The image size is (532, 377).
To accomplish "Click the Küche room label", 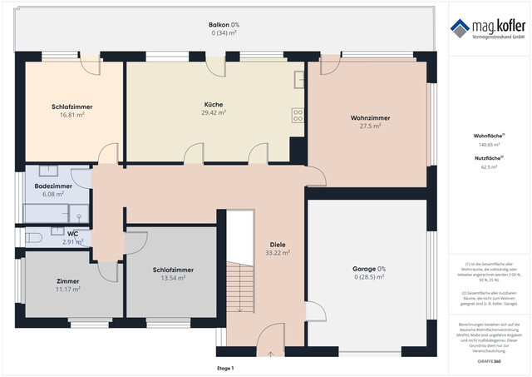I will point(213,105).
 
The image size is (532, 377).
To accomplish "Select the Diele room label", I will point(277,245).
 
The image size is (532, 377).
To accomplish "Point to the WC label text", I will point(73,235).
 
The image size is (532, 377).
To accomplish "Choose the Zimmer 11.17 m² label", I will point(67,281).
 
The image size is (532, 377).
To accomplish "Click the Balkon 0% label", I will point(224,25).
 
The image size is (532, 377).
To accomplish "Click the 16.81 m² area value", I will point(71,116).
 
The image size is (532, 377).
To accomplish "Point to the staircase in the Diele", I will point(239,288).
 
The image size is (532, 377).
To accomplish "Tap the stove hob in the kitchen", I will point(297,116).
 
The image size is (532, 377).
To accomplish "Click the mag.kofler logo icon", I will point(460,29).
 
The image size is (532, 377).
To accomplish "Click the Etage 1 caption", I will point(225,368).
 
